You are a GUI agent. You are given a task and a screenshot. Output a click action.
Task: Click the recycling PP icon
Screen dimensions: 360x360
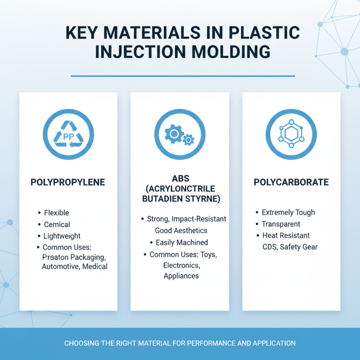coord(68,134)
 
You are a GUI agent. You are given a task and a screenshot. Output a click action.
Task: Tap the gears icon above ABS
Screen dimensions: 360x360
coord(180,134)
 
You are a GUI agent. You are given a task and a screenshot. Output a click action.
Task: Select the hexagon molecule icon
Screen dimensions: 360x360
coord(291,134)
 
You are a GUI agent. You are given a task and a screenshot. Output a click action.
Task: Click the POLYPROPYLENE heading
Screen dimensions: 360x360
coord(68,182)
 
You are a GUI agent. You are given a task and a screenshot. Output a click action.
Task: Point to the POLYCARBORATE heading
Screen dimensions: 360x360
coord(291,182)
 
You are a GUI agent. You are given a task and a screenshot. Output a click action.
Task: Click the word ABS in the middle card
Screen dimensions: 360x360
coord(180,178)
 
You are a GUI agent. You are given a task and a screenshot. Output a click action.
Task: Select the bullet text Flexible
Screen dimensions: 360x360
coord(56,213)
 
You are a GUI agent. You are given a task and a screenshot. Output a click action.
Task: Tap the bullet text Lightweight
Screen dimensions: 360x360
coord(62,236)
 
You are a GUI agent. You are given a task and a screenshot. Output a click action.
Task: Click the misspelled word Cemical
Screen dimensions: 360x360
coord(57,224)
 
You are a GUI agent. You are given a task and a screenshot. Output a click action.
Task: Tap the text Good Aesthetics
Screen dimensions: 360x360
coord(181,230)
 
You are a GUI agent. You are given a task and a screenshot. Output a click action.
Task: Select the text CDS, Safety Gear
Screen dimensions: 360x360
coord(290,247)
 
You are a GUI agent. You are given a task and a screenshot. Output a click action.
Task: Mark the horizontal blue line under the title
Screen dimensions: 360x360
coord(183,76)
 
